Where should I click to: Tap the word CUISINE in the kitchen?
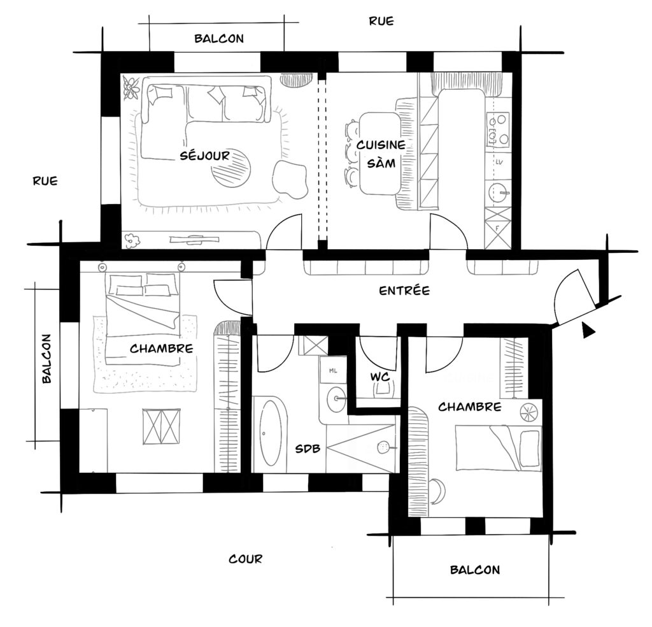(380, 145)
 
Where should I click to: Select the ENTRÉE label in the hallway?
(404, 291)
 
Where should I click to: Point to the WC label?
(380, 377)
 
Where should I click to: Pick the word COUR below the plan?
(245, 559)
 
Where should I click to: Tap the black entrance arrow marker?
(588, 329)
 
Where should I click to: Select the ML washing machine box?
(332, 370)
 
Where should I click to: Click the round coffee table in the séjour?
(231, 168)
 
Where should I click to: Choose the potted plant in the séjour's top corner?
(131, 87)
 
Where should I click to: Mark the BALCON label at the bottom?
(474, 570)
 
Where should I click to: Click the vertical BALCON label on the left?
(46, 358)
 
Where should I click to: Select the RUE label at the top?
(381, 21)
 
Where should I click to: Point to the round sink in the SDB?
(336, 400)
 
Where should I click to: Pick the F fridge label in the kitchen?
(497, 226)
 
